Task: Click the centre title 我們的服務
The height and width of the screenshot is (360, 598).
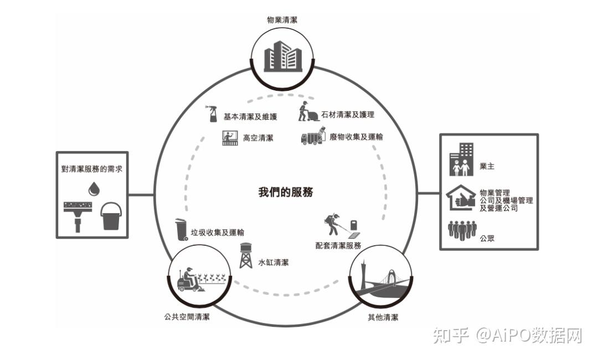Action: [286, 192]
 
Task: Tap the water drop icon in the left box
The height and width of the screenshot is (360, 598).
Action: [92, 189]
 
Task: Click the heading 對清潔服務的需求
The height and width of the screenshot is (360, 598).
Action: [92, 168]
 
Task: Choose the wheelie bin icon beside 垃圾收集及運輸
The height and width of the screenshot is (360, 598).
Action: [181, 230]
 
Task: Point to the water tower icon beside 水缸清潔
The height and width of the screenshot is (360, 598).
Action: [246, 256]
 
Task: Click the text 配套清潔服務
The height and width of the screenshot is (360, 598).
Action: [338, 245]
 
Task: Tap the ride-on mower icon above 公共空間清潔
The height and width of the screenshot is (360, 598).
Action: [190, 280]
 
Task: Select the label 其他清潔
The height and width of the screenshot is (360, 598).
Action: [383, 317]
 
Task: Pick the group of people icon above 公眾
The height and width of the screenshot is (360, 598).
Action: [461, 230]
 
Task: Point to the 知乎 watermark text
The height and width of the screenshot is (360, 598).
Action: [451, 335]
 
